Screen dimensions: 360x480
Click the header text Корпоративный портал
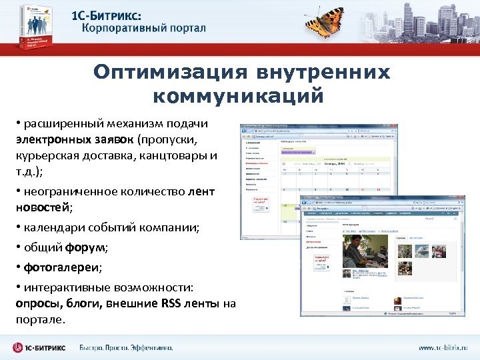point(144,29)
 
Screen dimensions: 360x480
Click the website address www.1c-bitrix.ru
point(443,348)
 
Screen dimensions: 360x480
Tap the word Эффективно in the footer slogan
point(148,348)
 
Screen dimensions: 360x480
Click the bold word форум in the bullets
point(86,248)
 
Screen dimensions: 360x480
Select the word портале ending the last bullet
point(40,320)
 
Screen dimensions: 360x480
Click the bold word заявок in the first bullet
point(117,141)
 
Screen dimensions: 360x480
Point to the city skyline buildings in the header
point(427,20)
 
